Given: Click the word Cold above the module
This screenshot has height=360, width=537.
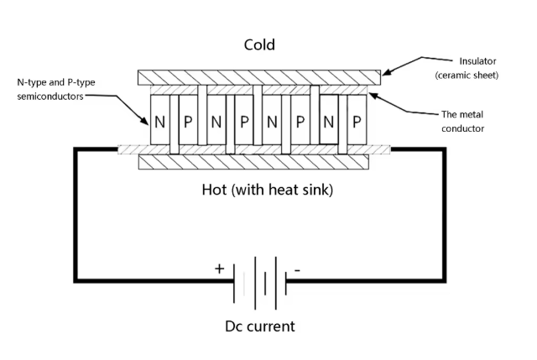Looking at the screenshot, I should click(x=258, y=44).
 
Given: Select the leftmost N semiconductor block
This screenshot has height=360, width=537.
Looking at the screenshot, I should click(x=159, y=120).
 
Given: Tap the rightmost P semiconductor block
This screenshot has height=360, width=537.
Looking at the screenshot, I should click(x=357, y=120).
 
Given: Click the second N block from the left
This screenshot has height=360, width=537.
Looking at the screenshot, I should click(x=216, y=120).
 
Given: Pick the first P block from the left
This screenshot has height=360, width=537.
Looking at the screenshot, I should click(x=188, y=120).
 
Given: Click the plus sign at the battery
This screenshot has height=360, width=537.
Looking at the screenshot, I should click(x=220, y=269).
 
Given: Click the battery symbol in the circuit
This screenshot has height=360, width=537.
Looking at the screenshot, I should click(x=259, y=285).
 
